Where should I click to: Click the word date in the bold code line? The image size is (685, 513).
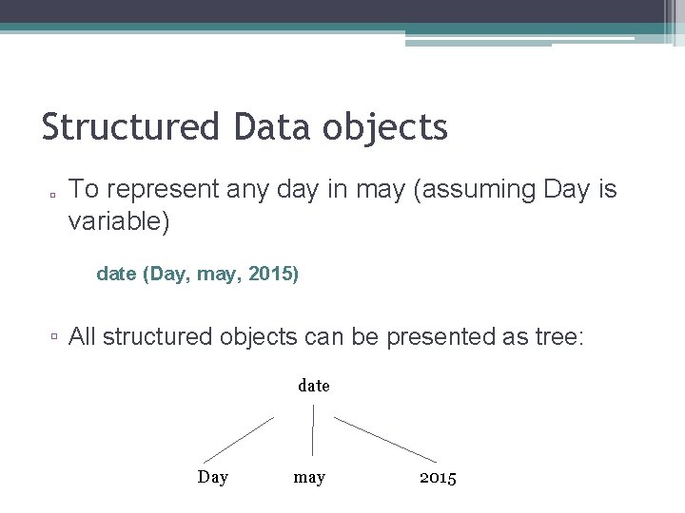[x=115, y=275]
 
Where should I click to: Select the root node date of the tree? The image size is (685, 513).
[x=313, y=386]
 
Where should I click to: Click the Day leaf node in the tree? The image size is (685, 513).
[x=212, y=477]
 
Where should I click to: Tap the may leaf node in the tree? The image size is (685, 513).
[x=309, y=478]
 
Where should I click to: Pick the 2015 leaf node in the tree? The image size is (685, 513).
[x=438, y=477]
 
